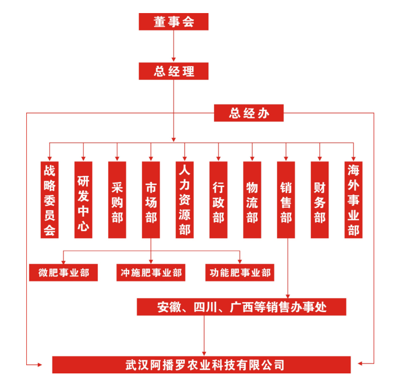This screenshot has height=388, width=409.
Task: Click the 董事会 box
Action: (x=173, y=22)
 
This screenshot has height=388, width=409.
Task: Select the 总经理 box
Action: (x=173, y=71)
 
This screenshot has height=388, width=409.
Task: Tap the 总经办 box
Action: (x=249, y=113)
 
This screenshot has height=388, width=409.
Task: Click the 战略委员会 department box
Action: (x=49, y=200)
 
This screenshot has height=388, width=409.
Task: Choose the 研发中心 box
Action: (x=83, y=200)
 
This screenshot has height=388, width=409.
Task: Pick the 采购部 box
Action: (x=117, y=200)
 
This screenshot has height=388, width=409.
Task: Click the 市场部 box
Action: (x=151, y=200)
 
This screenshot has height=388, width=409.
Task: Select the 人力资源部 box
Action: (x=184, y=200)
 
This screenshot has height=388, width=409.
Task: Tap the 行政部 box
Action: (x=219, y=200)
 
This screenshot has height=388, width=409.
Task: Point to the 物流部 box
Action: (x=252, y=200)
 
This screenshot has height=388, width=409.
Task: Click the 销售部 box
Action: (x=286, y=200)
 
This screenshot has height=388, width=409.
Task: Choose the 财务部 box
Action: (x=320, y=200)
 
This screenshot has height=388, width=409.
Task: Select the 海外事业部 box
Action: (x=354, y=200)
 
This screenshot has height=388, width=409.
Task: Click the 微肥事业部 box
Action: (x=63, y=273)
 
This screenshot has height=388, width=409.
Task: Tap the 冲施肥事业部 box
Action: (x=151, y=273)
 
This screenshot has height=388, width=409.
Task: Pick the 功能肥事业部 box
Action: (x=240, y=273)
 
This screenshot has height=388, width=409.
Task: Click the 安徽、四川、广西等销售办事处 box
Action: (x=241, y=307)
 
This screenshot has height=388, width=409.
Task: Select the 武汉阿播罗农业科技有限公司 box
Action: (x=201, y=364)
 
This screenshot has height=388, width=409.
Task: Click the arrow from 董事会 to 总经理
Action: (x=173, y=46)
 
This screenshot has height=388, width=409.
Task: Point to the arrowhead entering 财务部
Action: (x=320, y=158)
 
